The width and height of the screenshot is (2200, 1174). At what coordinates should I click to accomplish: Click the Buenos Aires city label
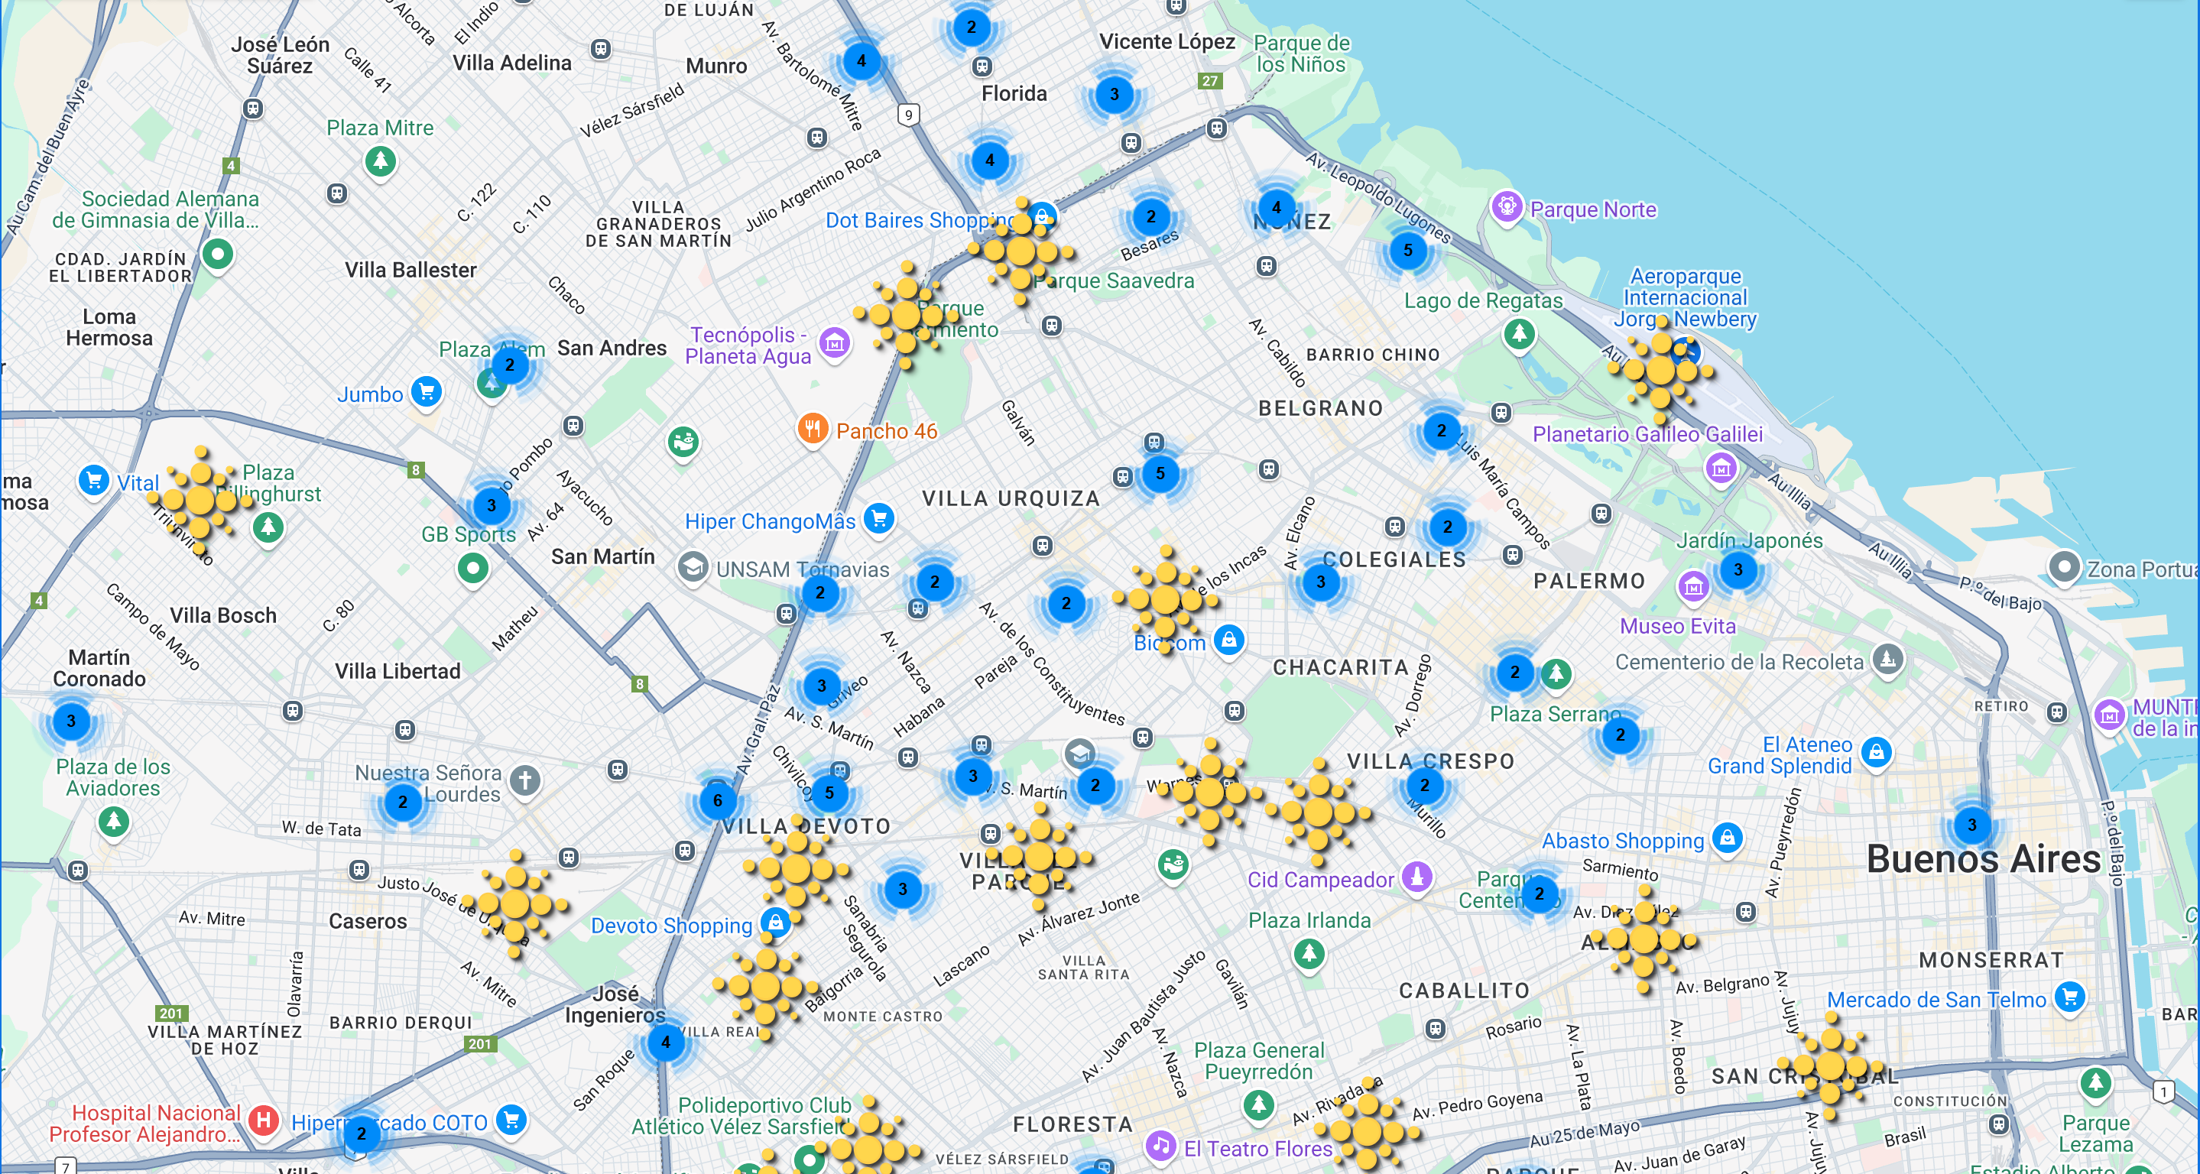click(1982, 859)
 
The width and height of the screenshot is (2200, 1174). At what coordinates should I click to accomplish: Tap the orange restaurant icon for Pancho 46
click(812, 429)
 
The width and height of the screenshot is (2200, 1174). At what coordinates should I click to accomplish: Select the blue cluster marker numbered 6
click(717, 800)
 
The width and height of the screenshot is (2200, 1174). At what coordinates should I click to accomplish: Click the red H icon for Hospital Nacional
click(264, 1120)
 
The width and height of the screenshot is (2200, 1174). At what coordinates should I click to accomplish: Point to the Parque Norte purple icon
click(1507, 206)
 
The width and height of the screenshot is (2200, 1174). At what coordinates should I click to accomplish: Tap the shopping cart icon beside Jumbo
click(427, 392)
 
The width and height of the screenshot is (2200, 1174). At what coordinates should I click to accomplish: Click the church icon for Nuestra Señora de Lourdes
click(524, 780)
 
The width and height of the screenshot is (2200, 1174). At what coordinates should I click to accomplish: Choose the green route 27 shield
click(1209, 81)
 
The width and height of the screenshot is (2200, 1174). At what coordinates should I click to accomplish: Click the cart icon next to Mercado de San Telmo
click(2069, 997)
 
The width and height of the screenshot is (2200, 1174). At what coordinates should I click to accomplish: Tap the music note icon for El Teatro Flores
click(1160, 1145)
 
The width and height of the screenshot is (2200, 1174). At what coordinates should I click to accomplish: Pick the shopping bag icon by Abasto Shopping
click(1727, 837)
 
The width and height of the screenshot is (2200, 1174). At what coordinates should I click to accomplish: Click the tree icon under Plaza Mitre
click(380, 160)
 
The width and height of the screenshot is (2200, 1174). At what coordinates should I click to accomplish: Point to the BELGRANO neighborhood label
click(1320, 408)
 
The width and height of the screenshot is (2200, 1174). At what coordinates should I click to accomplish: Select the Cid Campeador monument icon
click(1416, 876)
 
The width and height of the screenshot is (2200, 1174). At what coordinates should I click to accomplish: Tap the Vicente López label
click(1167, 41)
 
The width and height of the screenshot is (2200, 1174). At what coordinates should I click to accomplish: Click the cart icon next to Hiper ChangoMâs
click(879, 517)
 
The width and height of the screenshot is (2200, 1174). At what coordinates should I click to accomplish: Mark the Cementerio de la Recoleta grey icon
click(1887, 658)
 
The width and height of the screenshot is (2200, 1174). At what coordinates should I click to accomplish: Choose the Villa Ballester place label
click(410, 270)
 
